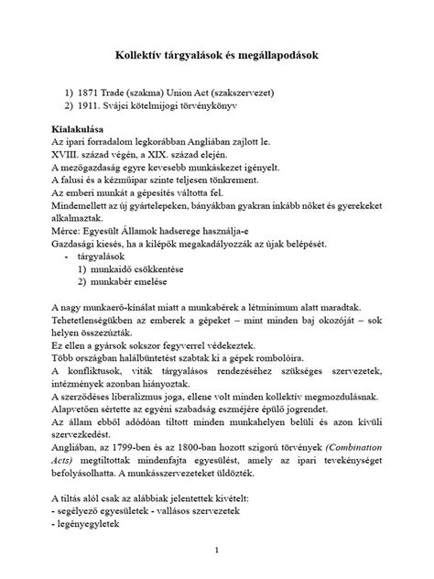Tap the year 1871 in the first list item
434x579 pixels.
(94, 93)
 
